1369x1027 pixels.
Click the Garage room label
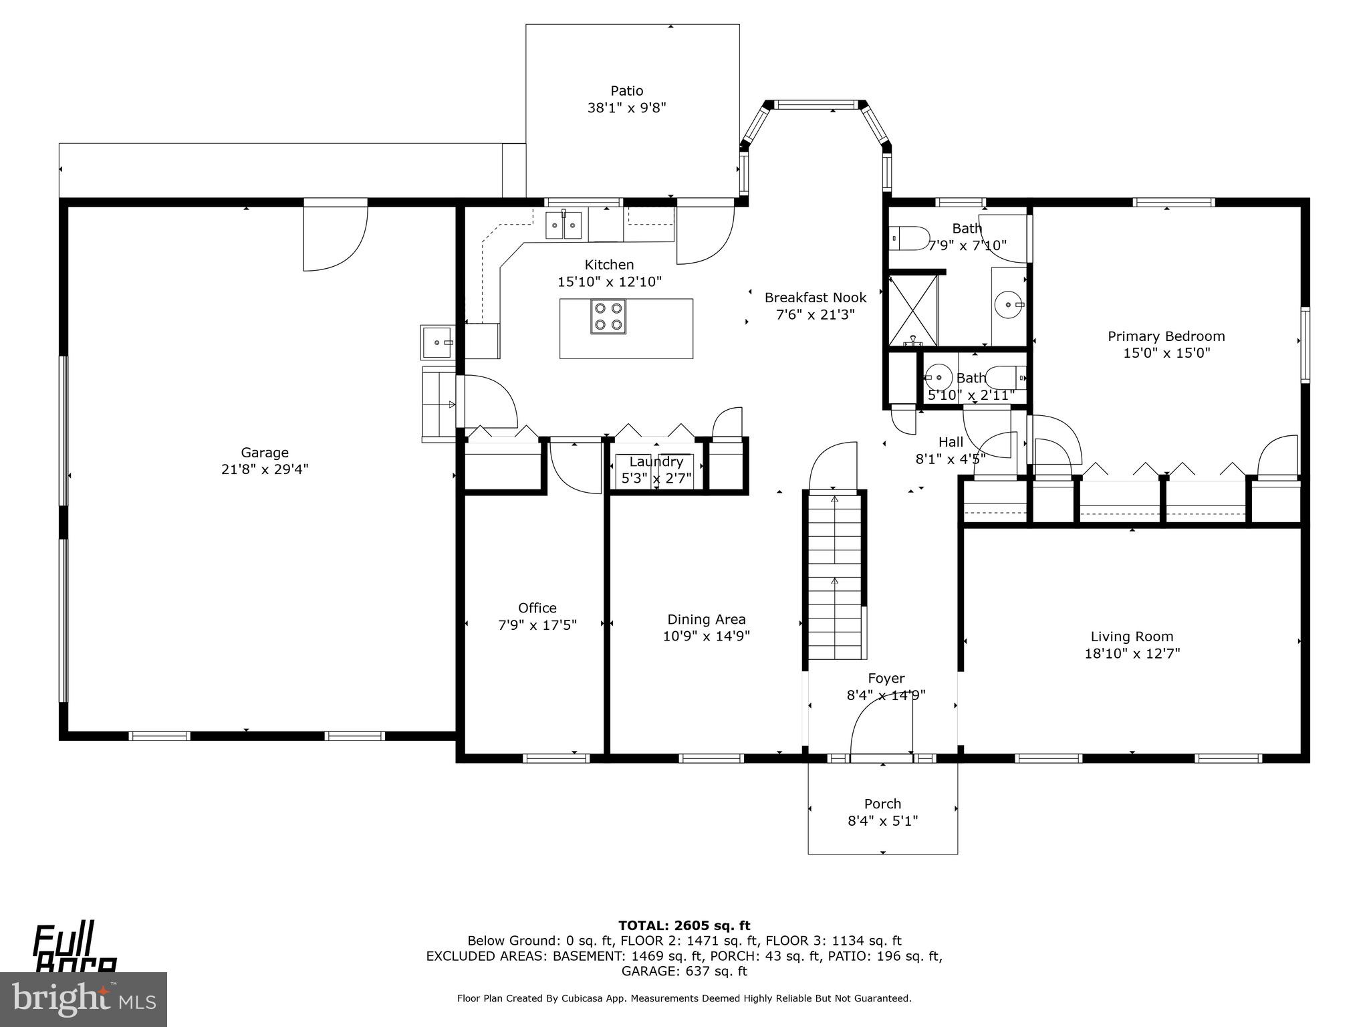265,453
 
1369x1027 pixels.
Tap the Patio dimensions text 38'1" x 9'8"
626,108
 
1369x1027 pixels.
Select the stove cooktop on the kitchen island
608,317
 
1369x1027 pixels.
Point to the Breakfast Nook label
815,298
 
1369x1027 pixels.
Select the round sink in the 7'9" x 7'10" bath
1008,306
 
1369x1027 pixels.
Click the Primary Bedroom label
1166,336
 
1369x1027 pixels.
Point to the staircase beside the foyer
834,575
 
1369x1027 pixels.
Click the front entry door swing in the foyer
881,729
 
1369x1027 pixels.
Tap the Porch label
882,804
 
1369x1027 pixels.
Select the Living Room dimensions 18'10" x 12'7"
1132,653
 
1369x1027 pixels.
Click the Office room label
537,608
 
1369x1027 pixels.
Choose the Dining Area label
706,620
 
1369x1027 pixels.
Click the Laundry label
656,461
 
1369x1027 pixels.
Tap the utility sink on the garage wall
437,342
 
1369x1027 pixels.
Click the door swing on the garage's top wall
334,237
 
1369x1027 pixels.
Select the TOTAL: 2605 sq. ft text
684,925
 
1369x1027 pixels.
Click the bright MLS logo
84,999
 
